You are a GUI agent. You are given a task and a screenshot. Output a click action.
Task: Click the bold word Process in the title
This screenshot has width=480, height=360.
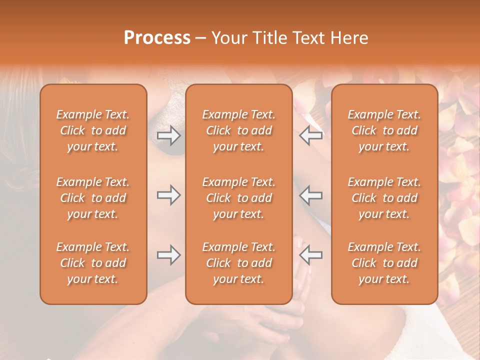157,38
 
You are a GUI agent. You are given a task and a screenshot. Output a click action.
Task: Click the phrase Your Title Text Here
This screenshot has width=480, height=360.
290,38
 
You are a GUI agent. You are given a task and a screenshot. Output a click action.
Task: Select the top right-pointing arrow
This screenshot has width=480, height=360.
168,135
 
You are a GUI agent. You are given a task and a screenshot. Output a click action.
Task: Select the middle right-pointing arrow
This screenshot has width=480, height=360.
168,195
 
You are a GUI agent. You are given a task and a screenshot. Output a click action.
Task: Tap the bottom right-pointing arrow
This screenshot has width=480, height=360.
168,255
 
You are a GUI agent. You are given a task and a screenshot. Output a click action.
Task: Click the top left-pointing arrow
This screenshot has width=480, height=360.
311,135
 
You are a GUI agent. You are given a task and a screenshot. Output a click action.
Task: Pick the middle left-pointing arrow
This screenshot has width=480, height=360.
311,195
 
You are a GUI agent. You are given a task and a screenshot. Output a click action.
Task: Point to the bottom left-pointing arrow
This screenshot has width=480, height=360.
311,255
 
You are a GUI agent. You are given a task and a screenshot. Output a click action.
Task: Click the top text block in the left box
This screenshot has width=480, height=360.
93,130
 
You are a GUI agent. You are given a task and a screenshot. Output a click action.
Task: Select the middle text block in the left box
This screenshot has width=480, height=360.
93,198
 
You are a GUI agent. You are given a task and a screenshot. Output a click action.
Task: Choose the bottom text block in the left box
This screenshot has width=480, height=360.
93,263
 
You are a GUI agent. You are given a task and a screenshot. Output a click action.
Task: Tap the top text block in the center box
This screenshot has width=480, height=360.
238,130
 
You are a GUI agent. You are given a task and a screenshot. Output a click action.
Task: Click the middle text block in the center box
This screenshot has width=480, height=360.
238,198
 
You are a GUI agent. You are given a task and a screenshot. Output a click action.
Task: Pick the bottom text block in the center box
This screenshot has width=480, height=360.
238,263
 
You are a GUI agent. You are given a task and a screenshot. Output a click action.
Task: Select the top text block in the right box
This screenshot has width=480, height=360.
384,130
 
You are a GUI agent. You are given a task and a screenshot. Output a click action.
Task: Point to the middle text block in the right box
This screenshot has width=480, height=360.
384,198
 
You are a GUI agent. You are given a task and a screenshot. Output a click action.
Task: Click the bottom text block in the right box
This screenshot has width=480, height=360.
384,263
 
